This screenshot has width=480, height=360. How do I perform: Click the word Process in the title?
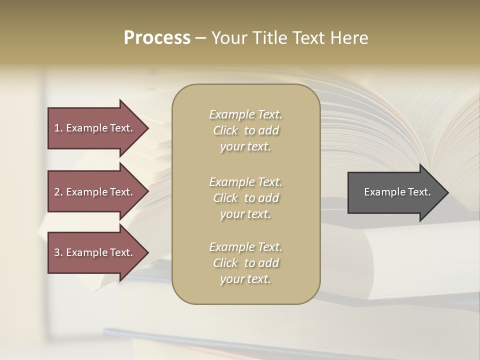click(x=157, y=38)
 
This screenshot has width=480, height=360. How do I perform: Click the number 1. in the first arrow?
click(x=58, y=128)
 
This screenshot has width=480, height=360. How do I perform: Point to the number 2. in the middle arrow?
click(x=58, y=192)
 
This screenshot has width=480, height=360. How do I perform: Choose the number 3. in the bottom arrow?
click(x=58, y=252)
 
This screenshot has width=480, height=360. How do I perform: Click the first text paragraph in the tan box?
click(x=246, y=130)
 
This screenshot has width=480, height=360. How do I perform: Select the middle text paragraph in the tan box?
click(x=246, y=198)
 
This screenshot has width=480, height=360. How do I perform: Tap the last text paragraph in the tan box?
click(x=246, y=263)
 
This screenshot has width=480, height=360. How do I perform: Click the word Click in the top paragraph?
click(x=225, y=130)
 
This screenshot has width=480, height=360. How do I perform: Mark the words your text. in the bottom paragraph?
click(x=245, y=279)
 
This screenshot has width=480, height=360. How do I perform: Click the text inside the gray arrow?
click(x=397, y=192)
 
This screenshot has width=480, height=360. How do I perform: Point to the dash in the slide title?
click(x=200, y=38)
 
